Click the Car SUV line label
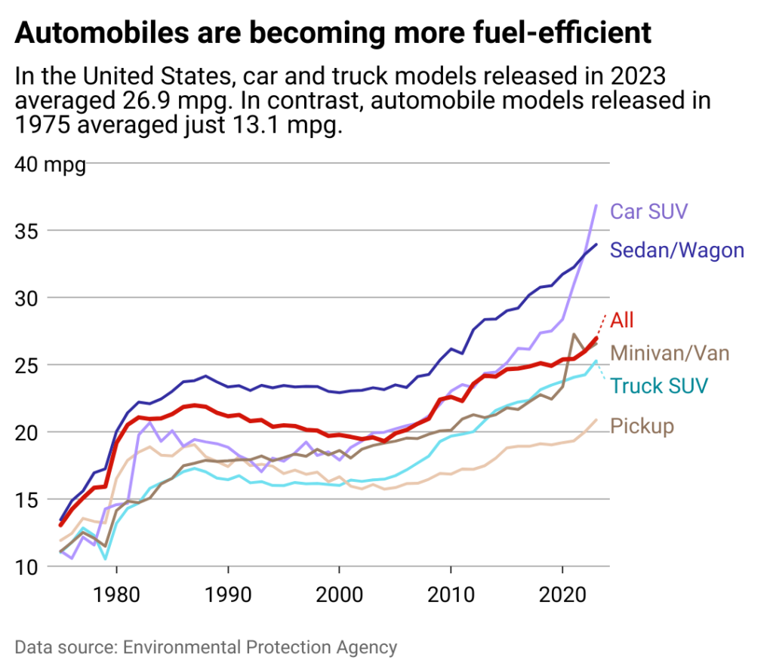pos(648,210)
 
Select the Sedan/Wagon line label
pos(676,250)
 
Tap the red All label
pos(621,319)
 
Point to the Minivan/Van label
pos(670,352)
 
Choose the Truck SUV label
pos(658,386)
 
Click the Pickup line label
pos(642,426)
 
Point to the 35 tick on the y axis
pos(29,231)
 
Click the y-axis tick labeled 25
pos(29,365)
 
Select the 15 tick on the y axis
pos(29,499)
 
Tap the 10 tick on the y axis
pos(29,566)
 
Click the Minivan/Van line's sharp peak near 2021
pos(574,334)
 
